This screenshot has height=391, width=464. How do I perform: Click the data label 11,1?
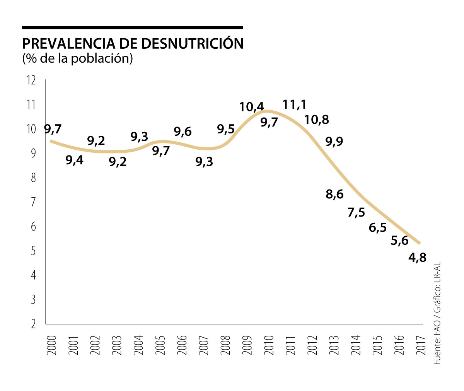coord(294,104)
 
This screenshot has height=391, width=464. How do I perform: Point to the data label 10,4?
coord(252,106)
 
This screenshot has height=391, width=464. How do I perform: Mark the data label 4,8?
coord(417,257)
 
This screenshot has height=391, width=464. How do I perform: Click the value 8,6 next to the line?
coord(334,194)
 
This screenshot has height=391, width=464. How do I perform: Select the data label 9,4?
coord(74,160)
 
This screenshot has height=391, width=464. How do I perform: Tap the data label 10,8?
coord(317,120)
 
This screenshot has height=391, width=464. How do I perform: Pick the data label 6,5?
coord(378,228)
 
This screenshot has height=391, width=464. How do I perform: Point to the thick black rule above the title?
coord(132,28)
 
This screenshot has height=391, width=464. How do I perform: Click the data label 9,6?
coord(183,132)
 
